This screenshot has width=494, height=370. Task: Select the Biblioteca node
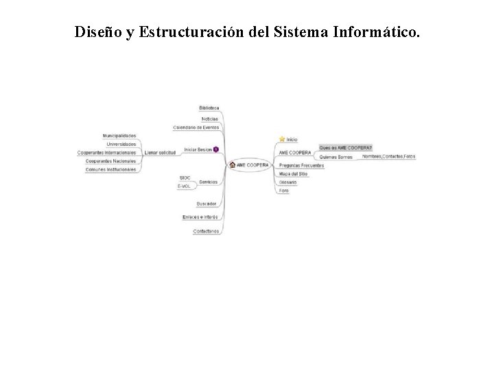(x=209, y=108)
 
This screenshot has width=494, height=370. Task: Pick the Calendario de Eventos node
(x=196, y=127)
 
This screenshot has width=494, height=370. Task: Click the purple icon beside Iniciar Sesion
(x=216, y=149)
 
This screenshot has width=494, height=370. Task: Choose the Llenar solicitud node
(x=160, y=152)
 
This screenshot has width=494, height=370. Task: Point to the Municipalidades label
(x=119, y=136)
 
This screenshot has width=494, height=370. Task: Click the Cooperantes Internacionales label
(x=107, y=152)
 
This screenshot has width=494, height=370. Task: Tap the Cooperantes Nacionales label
(x=111, y=160)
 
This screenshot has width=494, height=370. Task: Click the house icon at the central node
(x=233, y=164)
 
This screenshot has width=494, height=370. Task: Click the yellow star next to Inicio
(x=281, y=139)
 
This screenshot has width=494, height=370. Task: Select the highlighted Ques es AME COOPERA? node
(x=346, y=147)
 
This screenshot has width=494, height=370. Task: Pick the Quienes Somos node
(x=336, y=157)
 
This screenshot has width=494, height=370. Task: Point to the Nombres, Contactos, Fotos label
(x=389, y=156)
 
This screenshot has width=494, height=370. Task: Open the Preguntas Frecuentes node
(x=301, y=165)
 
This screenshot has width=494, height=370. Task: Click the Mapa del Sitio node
(x=293, y=174)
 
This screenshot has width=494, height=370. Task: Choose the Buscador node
(x=207, y=203)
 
